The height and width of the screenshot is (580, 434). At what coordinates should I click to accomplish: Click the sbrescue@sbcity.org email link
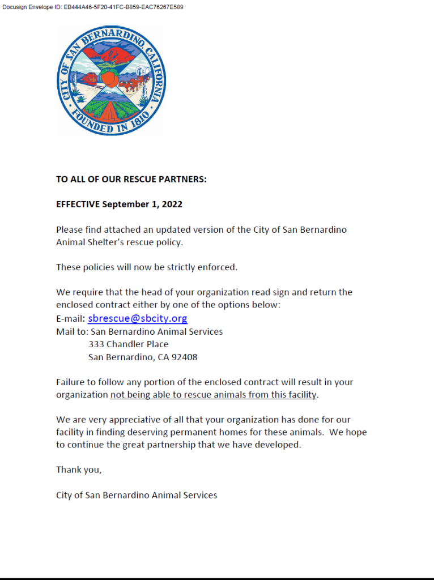tap(138, 318)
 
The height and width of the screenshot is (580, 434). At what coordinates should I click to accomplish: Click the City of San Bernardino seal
tap(111, 80)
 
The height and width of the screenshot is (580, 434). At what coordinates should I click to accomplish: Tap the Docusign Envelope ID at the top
tap(93, 7)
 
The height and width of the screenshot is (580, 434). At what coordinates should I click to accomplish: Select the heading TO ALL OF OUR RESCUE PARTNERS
tap(131, 180)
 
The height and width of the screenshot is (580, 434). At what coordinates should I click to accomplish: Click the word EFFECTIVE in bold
tap(78, 204)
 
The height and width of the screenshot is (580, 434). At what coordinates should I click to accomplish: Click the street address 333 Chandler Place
tap(129, 344)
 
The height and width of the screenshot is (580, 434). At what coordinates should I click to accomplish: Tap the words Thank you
tap(79, 470)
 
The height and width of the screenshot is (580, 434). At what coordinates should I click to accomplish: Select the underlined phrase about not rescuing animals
tap(214, 395)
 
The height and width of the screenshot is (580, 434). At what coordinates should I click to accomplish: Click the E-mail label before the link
tap(70, 319)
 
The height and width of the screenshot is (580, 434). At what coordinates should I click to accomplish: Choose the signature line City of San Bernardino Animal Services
tap(137, 495)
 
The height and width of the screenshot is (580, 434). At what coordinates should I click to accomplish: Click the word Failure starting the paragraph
tap(71, 382)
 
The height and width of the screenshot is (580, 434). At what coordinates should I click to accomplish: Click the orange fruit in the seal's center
tap(110, 78)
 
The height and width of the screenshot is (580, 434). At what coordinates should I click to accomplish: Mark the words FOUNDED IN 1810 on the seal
tap(112, 125)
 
